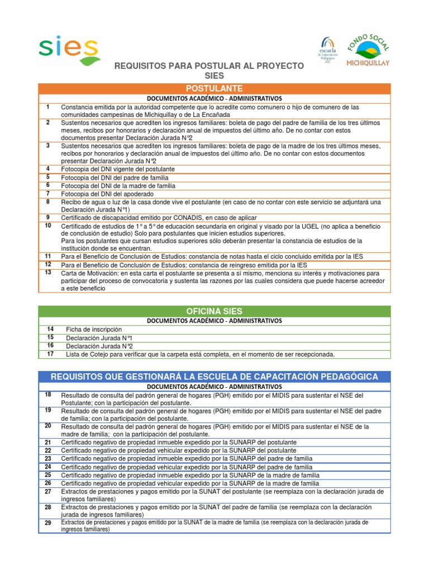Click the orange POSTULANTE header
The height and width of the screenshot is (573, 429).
click(214, 88)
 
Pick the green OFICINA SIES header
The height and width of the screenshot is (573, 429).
click(214, 311)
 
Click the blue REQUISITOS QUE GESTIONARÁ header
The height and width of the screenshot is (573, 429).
click(214, 376)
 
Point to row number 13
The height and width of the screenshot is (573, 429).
click(49, 273)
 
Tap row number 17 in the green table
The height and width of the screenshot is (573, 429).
click(51, 354)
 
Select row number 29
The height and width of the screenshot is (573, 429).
click(49, 523)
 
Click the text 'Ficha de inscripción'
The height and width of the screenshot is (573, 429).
click(93, 330)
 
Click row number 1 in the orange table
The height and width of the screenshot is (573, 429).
click(49, 107)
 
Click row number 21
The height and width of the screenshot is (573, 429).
click(49, 442)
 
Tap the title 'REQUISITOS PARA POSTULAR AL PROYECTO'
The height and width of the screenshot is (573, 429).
click(209, 66)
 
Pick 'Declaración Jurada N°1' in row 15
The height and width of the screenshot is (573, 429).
click(99, 338)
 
